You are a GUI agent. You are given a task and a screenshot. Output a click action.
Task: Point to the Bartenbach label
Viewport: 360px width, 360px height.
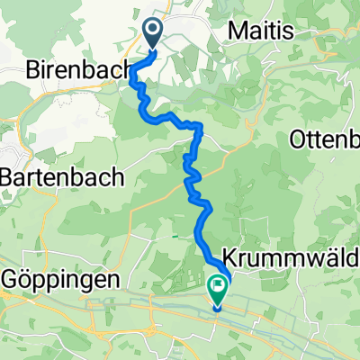(x=61, y=177)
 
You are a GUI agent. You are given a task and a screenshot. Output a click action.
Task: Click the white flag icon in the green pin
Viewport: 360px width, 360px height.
(x=218, y=287)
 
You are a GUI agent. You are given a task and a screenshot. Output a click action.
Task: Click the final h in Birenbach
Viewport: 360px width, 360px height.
(x=123, y=71)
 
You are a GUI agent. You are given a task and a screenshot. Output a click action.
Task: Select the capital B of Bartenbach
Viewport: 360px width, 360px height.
(x=8, y=177)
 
